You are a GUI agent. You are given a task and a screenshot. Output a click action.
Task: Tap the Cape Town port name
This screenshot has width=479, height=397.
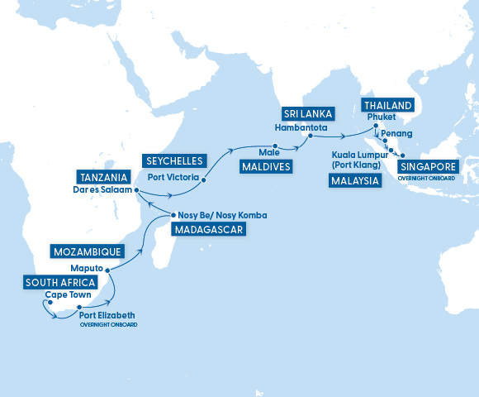click(x=68, y=294)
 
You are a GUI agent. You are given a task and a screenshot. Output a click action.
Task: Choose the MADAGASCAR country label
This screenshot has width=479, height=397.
click(x=208, y=230)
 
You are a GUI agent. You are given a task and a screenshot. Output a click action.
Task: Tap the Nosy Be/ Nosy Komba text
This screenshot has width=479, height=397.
click(x=222, y=216)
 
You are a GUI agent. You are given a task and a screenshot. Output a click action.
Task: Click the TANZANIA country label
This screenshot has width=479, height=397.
click(x=103, y=176)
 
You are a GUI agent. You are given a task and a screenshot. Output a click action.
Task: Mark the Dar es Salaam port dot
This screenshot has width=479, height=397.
click(x=137, y=191)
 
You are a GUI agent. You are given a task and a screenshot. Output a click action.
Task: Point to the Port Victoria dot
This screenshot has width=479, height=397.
click(x=203, y=178)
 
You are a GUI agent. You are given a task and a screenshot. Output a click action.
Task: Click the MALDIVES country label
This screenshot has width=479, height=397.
click(x=264, y=167)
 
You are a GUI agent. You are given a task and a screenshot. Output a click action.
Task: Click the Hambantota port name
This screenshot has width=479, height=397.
click(x=301, y=128)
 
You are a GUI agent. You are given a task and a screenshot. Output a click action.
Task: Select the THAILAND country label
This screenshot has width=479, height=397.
click(x=387, y=105)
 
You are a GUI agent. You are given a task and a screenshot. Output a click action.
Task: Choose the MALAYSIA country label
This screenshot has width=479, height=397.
click(x=353, y=180)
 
